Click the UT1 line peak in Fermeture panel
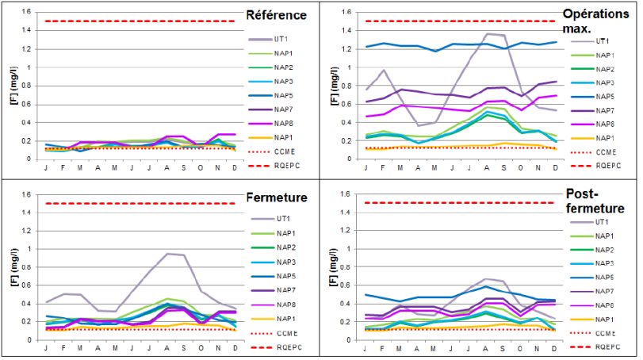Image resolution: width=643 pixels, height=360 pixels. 168,254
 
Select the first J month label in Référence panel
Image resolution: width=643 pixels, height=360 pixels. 46,168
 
